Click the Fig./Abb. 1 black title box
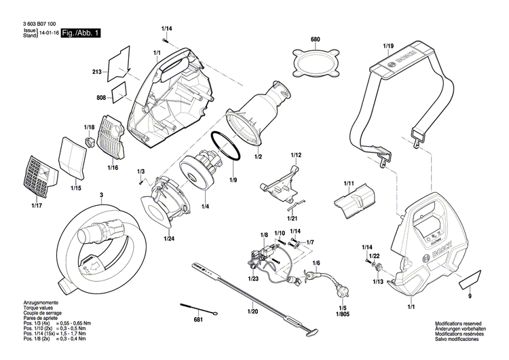pos(81,33)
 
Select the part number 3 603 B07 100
pos(34,23)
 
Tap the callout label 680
pos(315,40)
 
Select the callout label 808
pos(101,98)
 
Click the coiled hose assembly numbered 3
pos(102,241)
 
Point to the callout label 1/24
pos(168,238)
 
